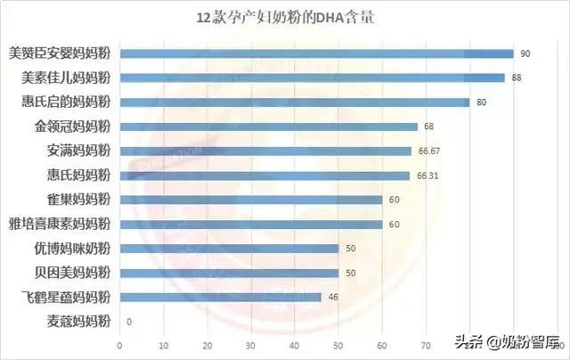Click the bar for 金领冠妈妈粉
point(268,127)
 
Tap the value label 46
point(333,297)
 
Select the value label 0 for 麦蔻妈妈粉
point(130,322)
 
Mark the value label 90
point(525,53)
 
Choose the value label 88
point(517,78)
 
